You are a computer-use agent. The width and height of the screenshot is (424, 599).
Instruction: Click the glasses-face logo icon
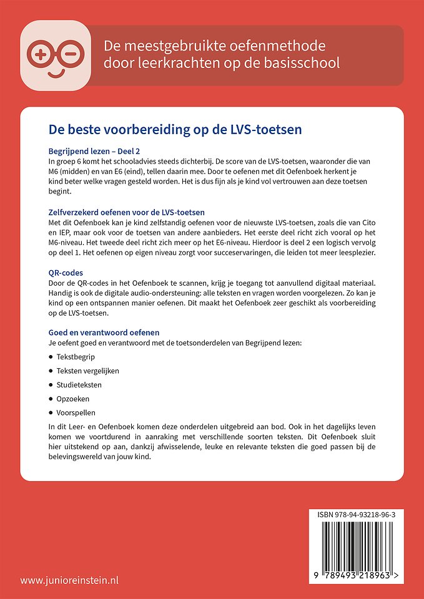click(x=56, y=56)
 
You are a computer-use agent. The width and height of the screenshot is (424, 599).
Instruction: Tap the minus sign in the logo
click(x=69, y=54)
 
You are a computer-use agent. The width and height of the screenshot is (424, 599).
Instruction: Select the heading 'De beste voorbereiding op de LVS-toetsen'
click(x=175, y=130)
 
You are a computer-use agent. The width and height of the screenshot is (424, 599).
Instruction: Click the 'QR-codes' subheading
click(x=66, y=273)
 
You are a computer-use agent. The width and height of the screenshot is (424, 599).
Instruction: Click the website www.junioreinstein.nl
click(x=69, y=580)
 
